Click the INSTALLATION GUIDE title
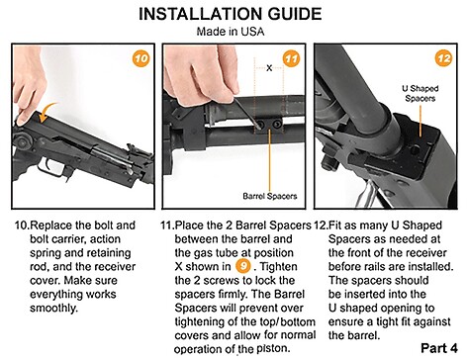click(230, 14)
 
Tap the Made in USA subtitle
click(231, 32)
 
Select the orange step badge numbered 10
click(141, 58)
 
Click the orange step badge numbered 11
click(292, 58)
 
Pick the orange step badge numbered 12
click(443, 58)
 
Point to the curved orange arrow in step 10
click(47, 112)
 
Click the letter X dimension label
click(269, 68)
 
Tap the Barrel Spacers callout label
click(270, 196)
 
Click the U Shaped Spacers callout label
click(420, 93)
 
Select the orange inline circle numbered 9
click(243, 266)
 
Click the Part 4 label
click(439, 348)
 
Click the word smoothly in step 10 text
click(52, 308)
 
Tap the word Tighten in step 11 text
click(280, 266)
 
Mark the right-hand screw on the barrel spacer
click(277, 124)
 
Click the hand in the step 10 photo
click(29, 86)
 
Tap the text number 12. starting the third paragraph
click(321, 225)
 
